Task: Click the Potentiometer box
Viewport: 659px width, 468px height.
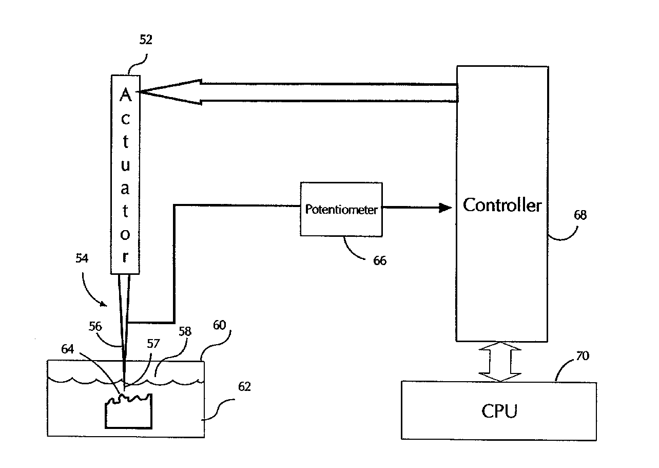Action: (341, 209)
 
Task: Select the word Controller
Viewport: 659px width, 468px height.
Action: (502, 205)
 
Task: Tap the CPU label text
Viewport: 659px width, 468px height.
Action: (499, 411)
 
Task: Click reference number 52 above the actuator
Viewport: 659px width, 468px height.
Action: (146, 40)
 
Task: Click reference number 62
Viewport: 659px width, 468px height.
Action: (244, 386)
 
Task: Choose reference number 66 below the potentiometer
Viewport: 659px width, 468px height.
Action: (379, 260)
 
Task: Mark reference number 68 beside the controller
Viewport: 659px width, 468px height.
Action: (580, 215)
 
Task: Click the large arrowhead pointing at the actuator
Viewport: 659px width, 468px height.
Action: (169, 92)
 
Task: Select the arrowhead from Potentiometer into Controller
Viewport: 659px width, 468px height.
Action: (444, 208)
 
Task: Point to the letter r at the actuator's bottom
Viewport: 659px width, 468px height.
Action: (125, 257)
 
